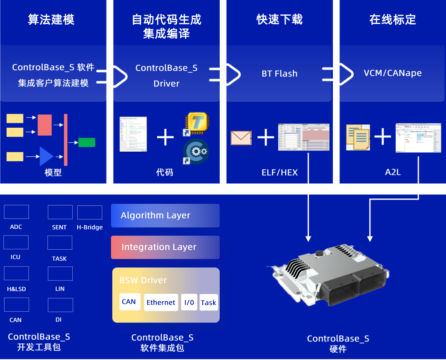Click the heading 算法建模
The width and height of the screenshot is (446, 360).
pyautogui.click(x=51, y=20)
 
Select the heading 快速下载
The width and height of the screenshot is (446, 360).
pyautogui.click(x=280, y=19)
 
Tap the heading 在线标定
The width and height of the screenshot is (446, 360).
pyautogui.click(x=393, y=19)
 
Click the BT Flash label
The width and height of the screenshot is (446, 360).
pyautogui.click(x=280, y=74)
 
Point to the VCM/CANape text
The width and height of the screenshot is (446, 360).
pyautogui.click(x=393, y=73)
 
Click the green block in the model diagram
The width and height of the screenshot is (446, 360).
pyautogui.click(x=87, y=142)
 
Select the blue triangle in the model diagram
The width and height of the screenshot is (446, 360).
pyautogui.click(x=46, y=156)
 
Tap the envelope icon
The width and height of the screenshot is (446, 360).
pyautogui.click(x=241, y=137)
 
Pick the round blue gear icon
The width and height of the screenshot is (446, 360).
pyautogui.click(x=196, y=152)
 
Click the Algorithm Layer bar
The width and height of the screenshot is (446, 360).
pyautogui.click(x=165, y=215)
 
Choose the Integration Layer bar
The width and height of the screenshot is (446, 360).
pyautogui.click(x=165, y=247)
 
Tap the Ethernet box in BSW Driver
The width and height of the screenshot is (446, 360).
pyautogui.click(x=161, y=303)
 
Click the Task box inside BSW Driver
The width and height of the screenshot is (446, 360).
pyautogui.click(x=209, y=303)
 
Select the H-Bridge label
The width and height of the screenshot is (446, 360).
pyautogui.click(x=90, y=227)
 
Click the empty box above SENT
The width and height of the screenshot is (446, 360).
pyautogui.click(x=60, y=212)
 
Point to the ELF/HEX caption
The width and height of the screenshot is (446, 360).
pyautogui.click(x=280, y=172)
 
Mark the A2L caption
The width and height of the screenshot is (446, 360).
pyautogui.click(x=393, y=172)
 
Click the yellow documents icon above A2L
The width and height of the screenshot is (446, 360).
pyautogui.click(x=358, y=137)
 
